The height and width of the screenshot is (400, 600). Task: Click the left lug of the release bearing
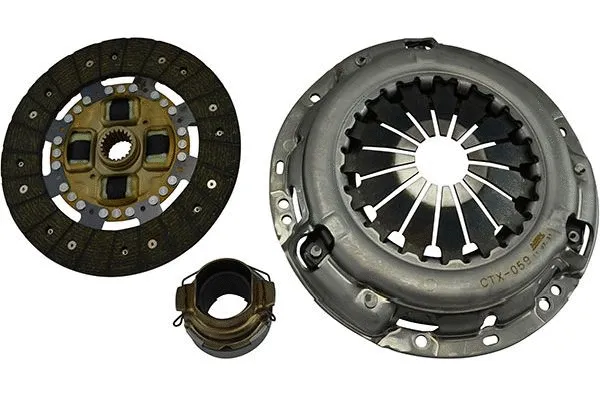point(184,294)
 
